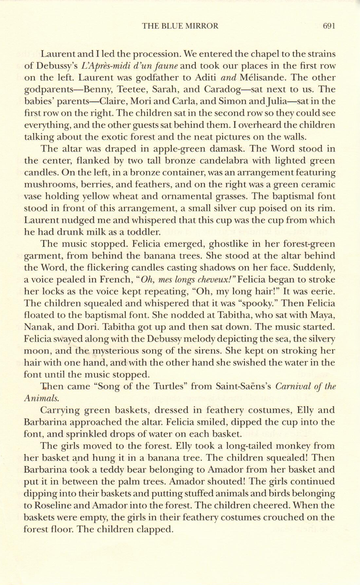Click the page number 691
[x=329, y=26]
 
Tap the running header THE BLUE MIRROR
[x=180, y=26]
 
